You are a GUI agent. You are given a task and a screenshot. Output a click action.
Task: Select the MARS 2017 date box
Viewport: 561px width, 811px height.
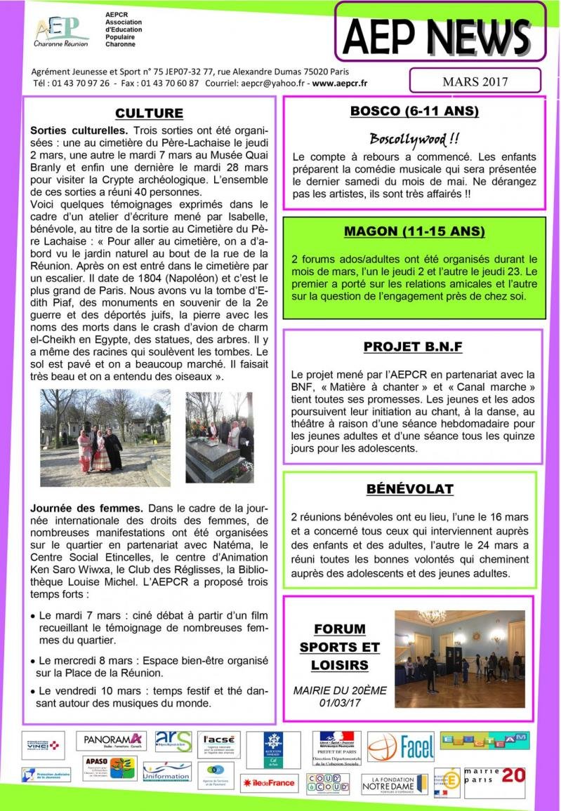475,81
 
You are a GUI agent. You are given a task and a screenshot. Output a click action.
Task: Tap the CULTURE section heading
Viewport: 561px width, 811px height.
149,114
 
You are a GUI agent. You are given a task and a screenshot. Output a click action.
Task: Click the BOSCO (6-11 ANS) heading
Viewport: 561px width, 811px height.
414,112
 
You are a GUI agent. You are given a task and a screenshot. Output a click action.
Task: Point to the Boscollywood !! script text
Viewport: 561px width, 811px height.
414,138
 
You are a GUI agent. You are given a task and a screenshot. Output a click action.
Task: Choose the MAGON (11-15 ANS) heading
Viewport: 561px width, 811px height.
414,232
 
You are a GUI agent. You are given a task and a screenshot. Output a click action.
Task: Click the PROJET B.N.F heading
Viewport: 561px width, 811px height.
413,347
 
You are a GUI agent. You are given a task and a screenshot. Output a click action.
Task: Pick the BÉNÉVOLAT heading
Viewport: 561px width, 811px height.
410,489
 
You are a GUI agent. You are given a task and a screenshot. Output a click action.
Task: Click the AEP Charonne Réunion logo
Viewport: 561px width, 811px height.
61,31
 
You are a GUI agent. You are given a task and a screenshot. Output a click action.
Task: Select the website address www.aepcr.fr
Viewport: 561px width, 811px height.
340,83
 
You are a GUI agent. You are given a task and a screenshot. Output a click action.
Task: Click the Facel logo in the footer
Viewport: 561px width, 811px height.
401,747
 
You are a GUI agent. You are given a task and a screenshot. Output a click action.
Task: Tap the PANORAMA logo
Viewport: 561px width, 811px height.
112,741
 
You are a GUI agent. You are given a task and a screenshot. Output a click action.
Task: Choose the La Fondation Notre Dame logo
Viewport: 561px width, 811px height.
394,784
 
